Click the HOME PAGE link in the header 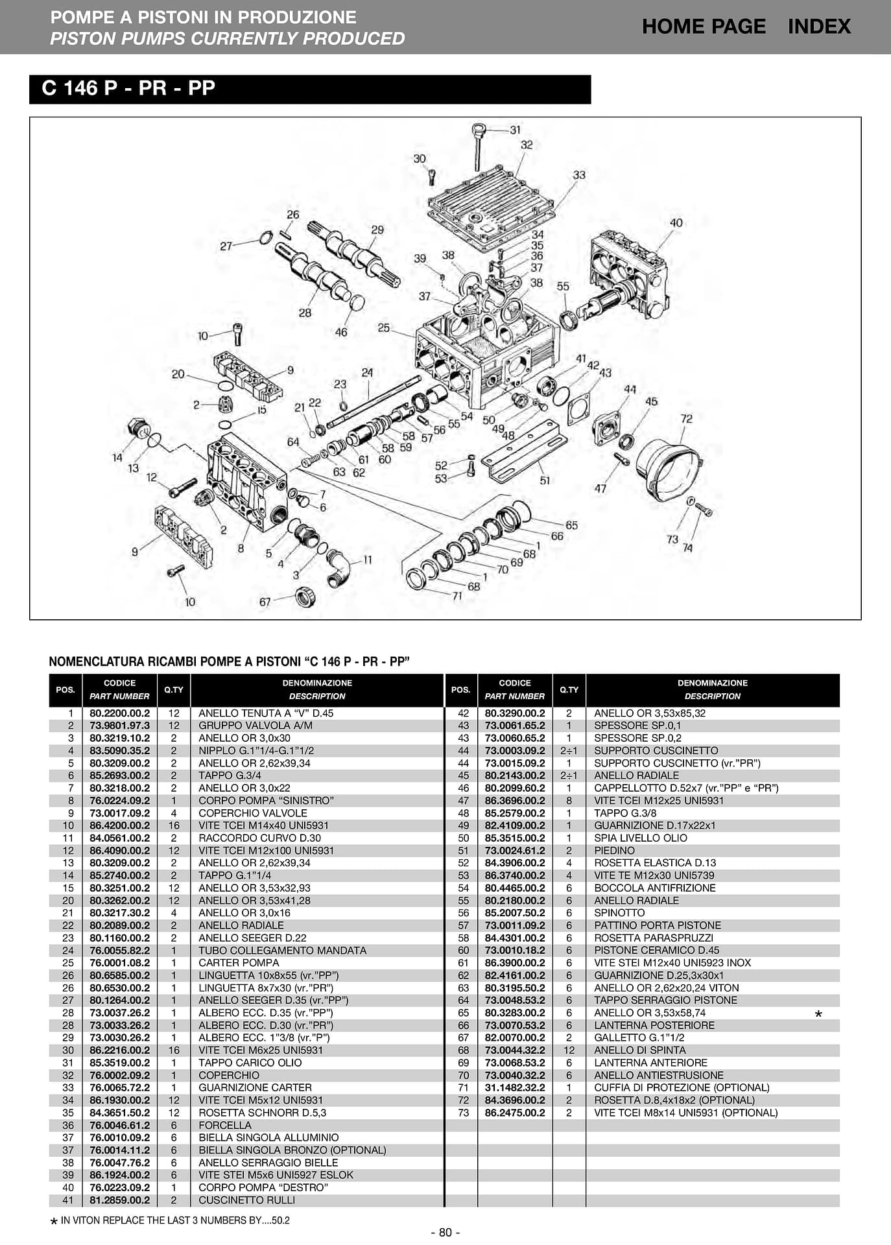point(704,27)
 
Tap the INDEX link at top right point(819,27)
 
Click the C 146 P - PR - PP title point(128,88)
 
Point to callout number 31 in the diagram point(515,130)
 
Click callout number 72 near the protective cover point(686,419)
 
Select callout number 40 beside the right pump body point(676,222)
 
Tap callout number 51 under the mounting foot point(545,480)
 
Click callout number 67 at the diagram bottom point(265,602)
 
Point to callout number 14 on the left point(117,457)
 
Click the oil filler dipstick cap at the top point(479,128)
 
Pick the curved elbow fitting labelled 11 point(340,567)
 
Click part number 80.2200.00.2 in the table point(120,713)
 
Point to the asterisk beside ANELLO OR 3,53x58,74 point(818,1014)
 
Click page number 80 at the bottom point(445,1232)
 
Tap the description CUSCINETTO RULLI point(237,1200)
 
